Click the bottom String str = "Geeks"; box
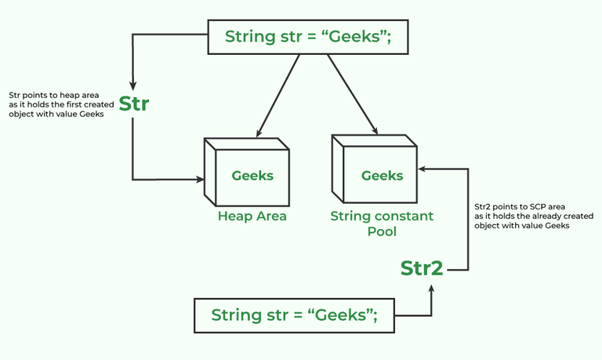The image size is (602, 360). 294,315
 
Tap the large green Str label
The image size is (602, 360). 134,104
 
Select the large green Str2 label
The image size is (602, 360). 422,267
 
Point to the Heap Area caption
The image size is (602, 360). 252,216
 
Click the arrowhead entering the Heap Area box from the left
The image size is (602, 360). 198,180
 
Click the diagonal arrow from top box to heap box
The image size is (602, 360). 274,93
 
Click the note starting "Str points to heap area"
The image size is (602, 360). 56,104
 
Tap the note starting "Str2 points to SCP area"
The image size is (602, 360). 522,216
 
